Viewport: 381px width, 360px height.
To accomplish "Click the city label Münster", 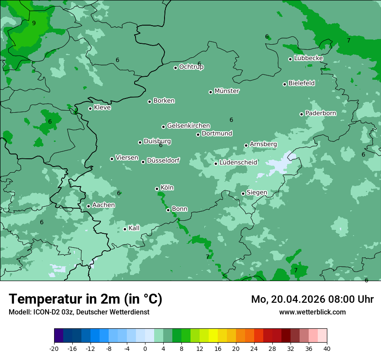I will point(227,91).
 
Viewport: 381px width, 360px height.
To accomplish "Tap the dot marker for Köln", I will point(157,189).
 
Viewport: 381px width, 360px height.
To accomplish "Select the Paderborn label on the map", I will point(321,113).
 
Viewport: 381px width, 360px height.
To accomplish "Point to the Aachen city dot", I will point(88,206).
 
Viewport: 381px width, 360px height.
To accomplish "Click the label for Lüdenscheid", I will point(238,163).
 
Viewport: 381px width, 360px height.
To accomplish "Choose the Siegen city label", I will point(257,193).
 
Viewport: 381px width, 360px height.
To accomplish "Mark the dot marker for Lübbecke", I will point(290,59).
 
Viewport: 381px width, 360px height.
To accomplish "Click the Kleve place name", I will point(102,108).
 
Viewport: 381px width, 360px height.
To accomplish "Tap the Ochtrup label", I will point(191,67).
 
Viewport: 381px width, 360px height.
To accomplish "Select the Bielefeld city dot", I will point(284,84).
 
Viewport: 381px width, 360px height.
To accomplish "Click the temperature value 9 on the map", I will point(34,23).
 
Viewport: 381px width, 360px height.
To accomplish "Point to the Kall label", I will point(134,228).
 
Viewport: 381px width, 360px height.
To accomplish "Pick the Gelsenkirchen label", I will point(188,126).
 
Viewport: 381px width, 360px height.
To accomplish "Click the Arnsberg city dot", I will point(246,145).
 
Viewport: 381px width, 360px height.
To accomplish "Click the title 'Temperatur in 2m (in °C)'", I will point(85,299).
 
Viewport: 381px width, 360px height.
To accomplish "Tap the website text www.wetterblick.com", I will point(312,312).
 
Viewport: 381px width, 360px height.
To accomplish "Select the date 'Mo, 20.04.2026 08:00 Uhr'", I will point(312,299).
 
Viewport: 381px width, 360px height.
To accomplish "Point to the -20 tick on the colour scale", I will point(54,348).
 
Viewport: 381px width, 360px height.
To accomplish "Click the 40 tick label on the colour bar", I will point(326,348).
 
